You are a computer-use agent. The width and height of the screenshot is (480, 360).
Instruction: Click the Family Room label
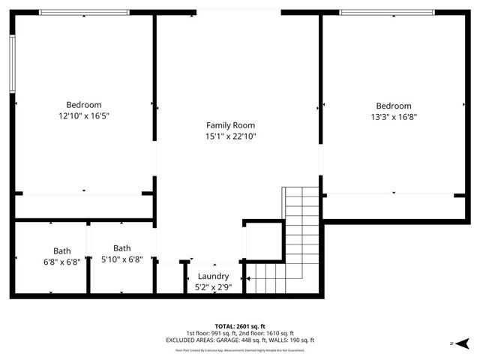[230, 125]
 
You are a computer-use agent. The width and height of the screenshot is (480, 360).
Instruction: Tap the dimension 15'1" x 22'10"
[230, 136]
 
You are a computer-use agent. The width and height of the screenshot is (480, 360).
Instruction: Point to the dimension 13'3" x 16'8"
[393, 117]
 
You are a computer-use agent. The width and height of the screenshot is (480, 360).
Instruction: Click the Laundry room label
[213, 276]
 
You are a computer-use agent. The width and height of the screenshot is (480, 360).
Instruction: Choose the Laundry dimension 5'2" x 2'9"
[213, 286]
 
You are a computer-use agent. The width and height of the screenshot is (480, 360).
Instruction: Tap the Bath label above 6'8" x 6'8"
[61, 251]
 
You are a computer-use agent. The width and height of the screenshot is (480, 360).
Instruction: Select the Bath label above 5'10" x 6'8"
[121, 248]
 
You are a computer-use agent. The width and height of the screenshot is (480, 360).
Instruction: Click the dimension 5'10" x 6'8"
[121, 259]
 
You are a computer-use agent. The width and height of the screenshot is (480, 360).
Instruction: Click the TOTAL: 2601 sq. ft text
[240, 327]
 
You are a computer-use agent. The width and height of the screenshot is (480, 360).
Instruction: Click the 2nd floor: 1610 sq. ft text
[267, 333]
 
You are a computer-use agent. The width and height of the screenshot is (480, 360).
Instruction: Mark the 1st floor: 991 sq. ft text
[211, 333]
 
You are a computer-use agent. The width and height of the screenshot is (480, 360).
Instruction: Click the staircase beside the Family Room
[301, 225]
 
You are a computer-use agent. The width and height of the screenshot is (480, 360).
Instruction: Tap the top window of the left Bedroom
[83, 12]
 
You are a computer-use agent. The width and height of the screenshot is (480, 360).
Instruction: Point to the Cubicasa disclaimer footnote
[240, 349]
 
